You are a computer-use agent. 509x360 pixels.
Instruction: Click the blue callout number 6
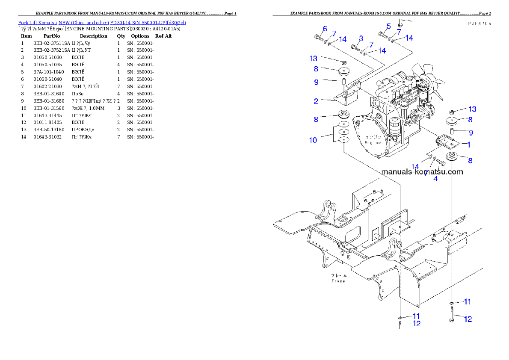(x=325, y=29)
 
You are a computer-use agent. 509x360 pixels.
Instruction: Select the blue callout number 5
(x=388, y=26)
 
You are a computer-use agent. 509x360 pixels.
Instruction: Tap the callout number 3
(x=361, y=38)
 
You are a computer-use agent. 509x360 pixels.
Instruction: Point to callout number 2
(x=316, y=101)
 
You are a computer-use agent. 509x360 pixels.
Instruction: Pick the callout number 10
(x=314, y=140)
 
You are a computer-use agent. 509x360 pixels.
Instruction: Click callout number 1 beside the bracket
(x=468, y=145)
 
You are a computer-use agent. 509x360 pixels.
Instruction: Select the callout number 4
(x=435, y=179)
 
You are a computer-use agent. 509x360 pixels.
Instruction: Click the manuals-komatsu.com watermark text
(x=422, y=172)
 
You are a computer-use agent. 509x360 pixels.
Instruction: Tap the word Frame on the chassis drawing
(x=339, y=281)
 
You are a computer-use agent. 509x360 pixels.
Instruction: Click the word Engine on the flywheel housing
(x=373, y=143)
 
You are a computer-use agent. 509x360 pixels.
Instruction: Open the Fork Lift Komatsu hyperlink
(x=102, y=22)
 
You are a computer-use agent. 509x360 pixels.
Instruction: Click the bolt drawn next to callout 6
(x=318, y=38)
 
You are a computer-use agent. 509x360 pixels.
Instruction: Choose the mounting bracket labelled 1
(x=445, y=142)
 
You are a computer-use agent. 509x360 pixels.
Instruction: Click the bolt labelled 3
(x=355, y=47)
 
